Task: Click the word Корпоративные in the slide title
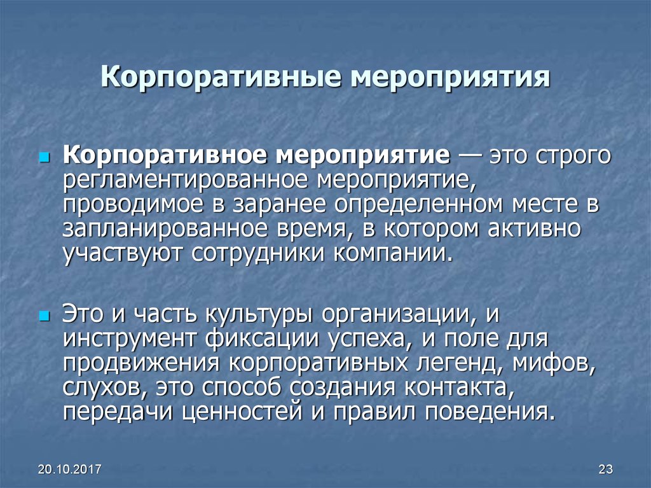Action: coord(221,78)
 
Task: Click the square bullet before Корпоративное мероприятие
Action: coord(43,158)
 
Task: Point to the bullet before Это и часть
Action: coord(43,317)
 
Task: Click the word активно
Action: coord(534,229)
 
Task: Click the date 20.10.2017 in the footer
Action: coord(70,470)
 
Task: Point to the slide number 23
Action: coord(606,470)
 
